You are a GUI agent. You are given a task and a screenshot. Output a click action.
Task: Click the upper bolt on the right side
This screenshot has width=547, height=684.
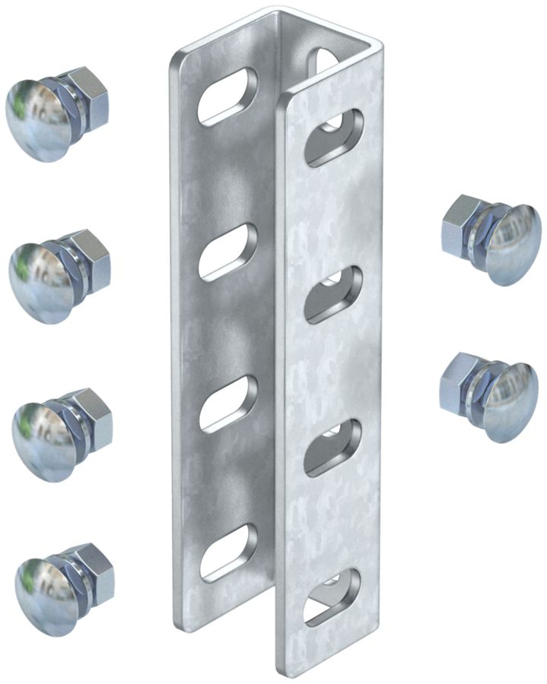point(491,239)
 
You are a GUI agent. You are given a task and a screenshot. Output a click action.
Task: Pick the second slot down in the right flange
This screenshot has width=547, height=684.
point(333,293)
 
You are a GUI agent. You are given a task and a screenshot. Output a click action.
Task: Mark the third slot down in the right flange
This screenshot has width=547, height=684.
point(333,448)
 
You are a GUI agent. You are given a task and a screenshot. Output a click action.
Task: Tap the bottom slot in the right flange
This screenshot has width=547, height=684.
point(332,596)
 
